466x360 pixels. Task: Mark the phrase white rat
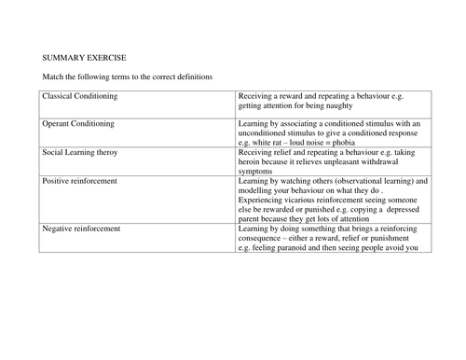click(267, 143)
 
